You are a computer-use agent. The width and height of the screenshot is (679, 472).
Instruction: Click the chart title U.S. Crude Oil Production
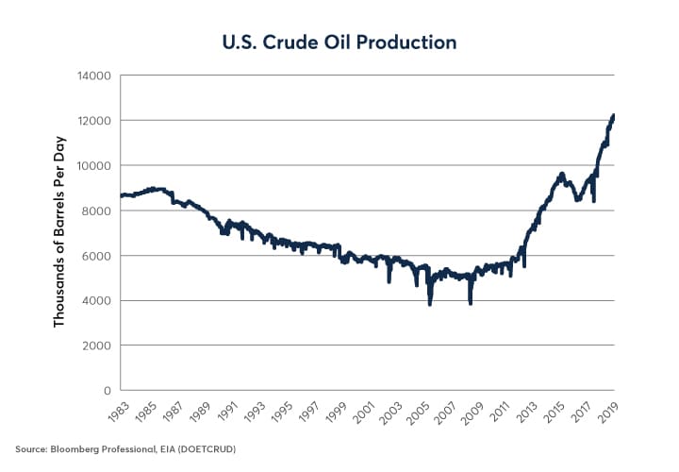(339, 42)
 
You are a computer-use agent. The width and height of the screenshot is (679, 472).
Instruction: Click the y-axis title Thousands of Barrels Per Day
(59, 232)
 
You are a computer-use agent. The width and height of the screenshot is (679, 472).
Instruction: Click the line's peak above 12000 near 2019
(613, 115)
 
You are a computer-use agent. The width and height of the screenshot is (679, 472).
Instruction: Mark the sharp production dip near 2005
(430, 304)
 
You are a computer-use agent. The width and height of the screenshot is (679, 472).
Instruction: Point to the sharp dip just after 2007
(470, 302)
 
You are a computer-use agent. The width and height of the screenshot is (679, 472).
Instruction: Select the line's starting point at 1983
(123, 195)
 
